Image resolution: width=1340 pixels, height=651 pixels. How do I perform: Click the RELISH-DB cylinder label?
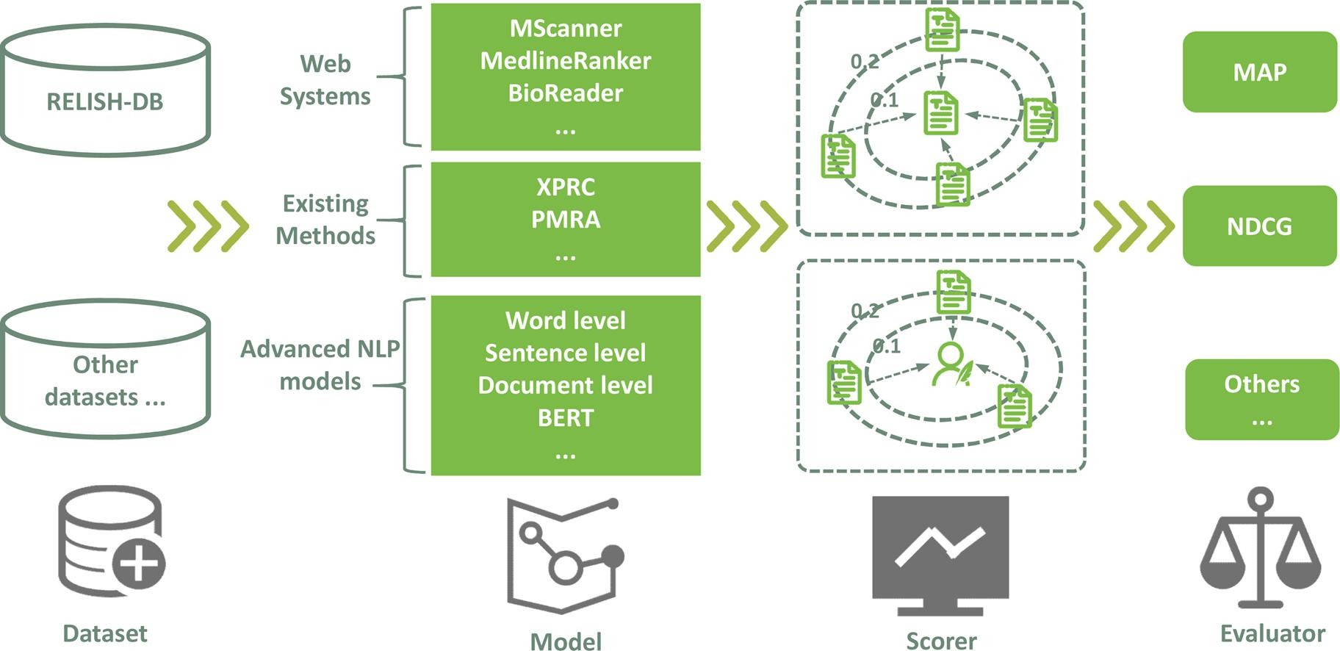pyautogui.click(x=105, y=101)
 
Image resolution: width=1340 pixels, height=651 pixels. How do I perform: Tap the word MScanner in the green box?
pyautogui.click(x=565, y=29)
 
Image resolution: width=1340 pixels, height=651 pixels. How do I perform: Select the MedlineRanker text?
pyautogui.click(x=565, y=60)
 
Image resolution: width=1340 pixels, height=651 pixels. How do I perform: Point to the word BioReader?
pyautogui.click(x=565, y=93)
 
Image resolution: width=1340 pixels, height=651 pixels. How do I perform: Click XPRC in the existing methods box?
pyautogui.click(x=565, y=187)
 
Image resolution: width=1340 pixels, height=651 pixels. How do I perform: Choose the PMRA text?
pyautogui.click(x=565, y=219)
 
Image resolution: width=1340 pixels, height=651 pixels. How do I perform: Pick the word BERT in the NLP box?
pyautogui.click(x=565, y=417)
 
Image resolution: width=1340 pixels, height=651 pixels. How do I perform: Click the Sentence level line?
pyautogui.click(x=565, y=353)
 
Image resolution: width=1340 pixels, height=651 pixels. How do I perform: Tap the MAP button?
pyautogui.click(x=1259, y=72)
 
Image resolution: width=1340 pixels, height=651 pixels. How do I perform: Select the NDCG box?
pyautogui.click(x=1259, y=226)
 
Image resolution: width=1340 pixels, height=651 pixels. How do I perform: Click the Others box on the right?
pyautogui.click(x=1261, y=399)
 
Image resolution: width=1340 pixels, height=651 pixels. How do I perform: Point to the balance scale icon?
pyautogui.click(x=1261, y=548)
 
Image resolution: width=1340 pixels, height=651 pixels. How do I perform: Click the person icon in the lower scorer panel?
pyautogui.click(x=951, y=364)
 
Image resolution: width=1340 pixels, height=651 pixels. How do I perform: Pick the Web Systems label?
pyautogui.click(x=325, y=79)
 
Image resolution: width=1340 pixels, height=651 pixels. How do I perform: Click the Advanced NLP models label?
pyautogui.click(x=320, y=364)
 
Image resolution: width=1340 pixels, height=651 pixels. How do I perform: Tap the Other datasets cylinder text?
pyautogui.click(x=105, y=381)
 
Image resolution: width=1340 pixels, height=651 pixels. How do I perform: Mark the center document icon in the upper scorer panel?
pyautogui.click(x=941, y=113)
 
